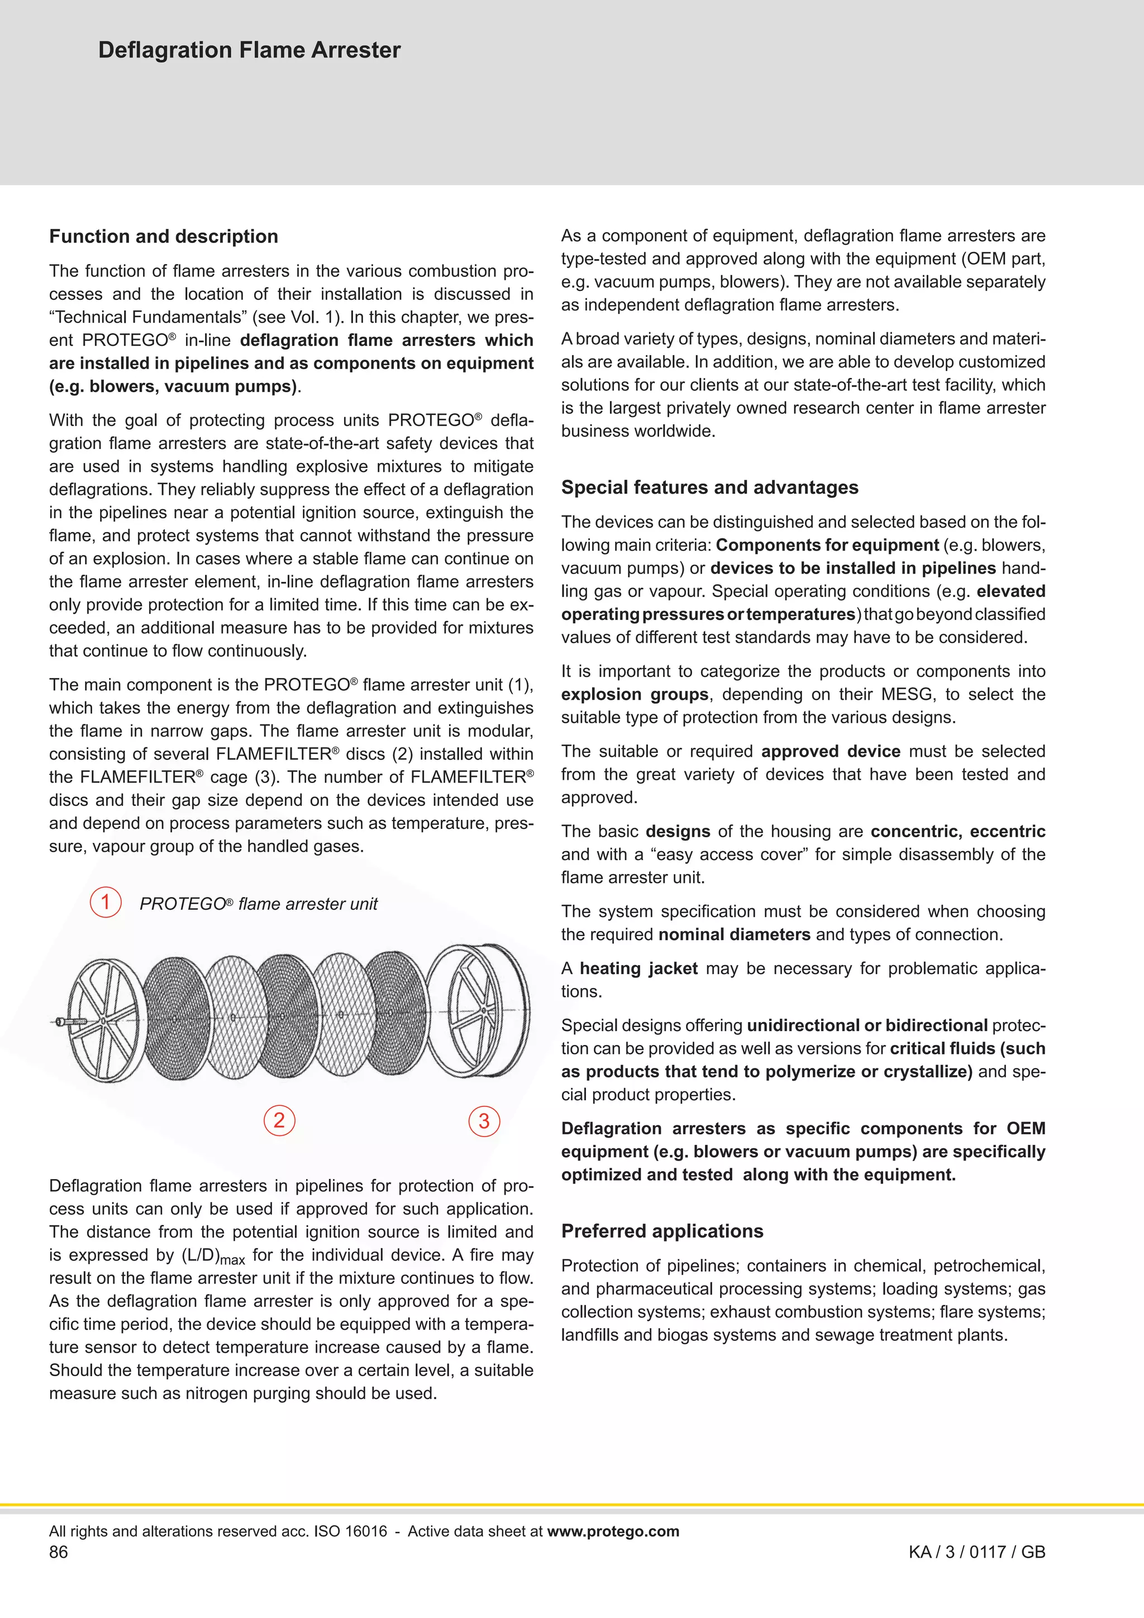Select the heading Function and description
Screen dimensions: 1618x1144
pos(164,236)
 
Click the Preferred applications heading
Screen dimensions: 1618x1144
pos(662,1231)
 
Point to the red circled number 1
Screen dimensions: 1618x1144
pos(106,902)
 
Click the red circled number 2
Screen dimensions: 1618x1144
pos(279,1120)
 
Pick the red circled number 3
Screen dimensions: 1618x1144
pos(484,1121)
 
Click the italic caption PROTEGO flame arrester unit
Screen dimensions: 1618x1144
pos(258,904)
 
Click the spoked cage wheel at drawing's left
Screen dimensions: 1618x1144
pos(106,1020)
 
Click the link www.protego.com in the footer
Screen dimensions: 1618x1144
pos(613,1531)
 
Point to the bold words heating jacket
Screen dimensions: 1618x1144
pos(638,969)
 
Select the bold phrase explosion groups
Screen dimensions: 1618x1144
pos(635,695)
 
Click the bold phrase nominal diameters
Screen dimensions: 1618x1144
pos(734,935)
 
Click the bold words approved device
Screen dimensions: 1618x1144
pos(830,752)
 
